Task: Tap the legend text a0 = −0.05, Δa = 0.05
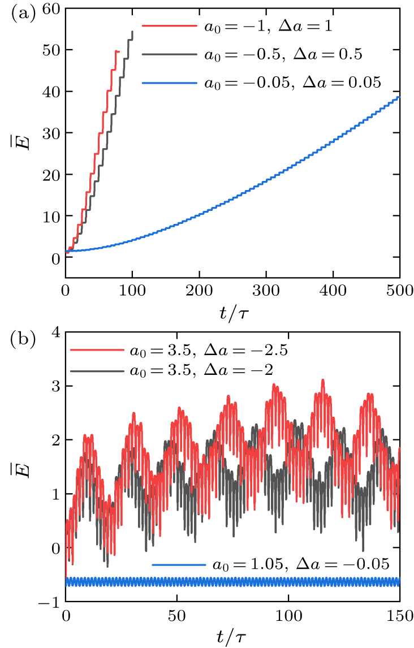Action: [292, 83]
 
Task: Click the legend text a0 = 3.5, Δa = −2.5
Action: [209, 351]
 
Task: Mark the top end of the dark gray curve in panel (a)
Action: [132, 32]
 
